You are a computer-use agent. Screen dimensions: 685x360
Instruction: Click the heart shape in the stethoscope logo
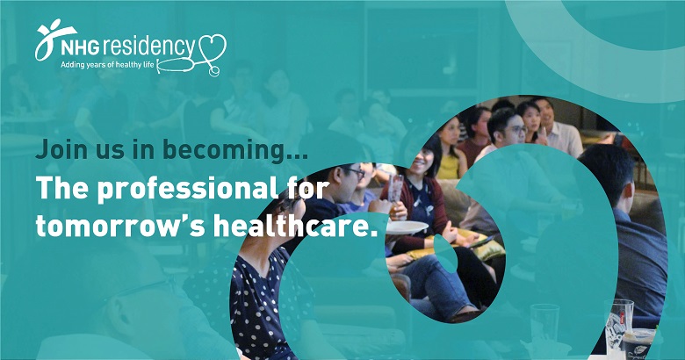213,47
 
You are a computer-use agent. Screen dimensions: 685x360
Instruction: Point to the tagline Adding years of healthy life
107,65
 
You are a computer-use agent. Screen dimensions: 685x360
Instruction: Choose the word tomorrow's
120,227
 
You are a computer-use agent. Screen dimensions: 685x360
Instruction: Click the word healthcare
290,225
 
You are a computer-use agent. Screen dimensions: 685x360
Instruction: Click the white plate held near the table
407,227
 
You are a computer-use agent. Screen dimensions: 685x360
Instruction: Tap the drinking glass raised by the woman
395,189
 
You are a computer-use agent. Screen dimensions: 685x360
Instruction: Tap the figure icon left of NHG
54,40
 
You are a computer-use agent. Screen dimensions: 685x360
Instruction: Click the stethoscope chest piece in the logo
213,71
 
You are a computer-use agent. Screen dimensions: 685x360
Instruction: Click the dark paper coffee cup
638,345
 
